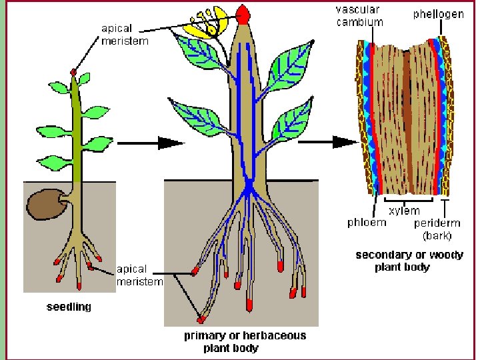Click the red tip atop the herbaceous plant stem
point(243,13)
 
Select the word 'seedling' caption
point(69,308)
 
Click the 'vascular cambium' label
point(359,16)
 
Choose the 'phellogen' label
point(438,14)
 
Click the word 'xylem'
point(405,211)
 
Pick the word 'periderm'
point(437,223)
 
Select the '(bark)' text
point(437,235)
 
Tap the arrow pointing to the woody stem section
point(344,141)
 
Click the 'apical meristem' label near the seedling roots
point(139,275)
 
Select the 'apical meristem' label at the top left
point(125,35)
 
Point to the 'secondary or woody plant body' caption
point(409,261)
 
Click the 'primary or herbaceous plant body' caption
point(245,341)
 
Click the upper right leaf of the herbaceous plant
point(291,63)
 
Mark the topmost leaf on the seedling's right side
point(85,79)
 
